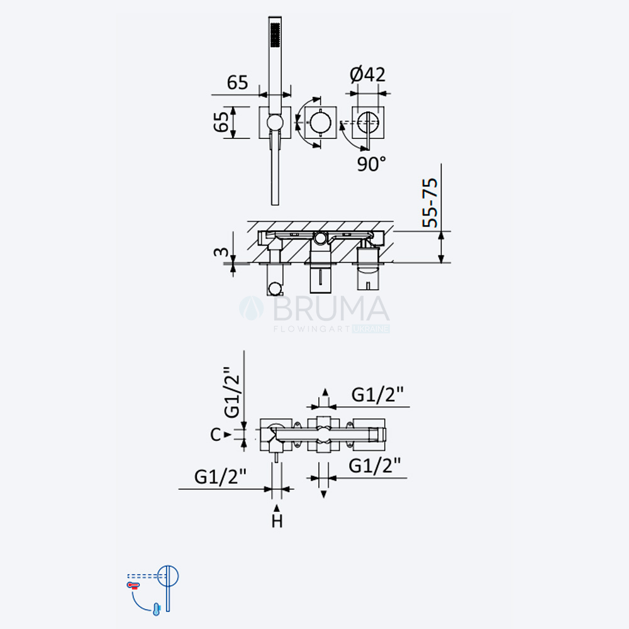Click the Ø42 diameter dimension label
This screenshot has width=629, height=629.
coord(367,74)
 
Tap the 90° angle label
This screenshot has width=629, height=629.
coord(372,164)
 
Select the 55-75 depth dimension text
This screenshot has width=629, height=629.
coord(430,203)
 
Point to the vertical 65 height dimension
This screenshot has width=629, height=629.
coord(221,122)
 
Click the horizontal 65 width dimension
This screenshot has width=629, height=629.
coord(238,82)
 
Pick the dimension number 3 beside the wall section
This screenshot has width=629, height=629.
coord(221,252)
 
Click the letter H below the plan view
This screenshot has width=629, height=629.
coord(277,521)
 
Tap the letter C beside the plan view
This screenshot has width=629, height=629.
coord(216,435)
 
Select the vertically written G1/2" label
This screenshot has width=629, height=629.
coord(232,392)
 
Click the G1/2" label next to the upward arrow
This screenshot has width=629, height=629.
coord(377,395)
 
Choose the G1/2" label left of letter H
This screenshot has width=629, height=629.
coord(220,477)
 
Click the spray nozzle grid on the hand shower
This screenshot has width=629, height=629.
coord(276,34)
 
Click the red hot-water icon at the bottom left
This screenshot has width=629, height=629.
coord(133,585)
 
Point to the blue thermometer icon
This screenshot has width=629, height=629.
coord(157,609)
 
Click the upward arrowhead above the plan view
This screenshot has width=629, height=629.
coord(325,392)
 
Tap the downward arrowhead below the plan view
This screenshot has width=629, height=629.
coord(324,494)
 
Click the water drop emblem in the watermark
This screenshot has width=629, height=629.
coord(252,308)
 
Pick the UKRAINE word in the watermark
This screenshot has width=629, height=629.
coord(370,329)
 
